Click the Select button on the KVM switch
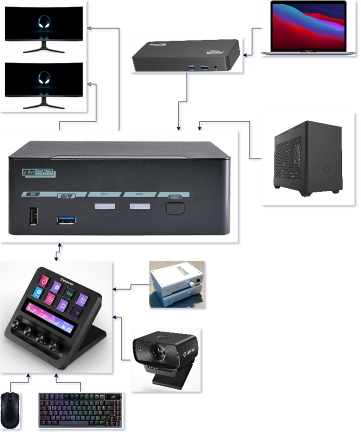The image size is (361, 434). pos(175,207)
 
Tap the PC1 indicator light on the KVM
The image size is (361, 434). pos(106,207)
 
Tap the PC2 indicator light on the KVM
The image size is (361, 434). pos(139,207)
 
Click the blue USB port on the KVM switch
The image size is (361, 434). pos(67,220)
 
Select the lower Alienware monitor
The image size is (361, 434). pos(44,84)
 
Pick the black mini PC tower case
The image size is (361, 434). pos(308,158)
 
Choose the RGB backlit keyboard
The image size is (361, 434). pos(80,409)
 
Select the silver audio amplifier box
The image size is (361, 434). pos(176,284)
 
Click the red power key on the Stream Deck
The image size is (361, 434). pos(44,280)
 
